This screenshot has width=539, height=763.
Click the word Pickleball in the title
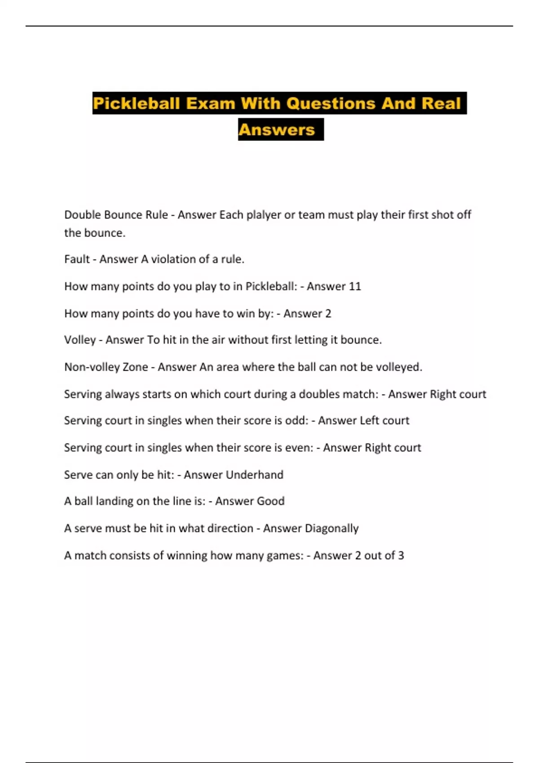pyautogui.click(x=136, y=104)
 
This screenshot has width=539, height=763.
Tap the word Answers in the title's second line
pyautogui.click(x=277, y=130)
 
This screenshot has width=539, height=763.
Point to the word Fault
pyautogui.click(x=77, y=259)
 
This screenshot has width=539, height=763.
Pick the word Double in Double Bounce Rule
pyautogui.click(x=82, y=215)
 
